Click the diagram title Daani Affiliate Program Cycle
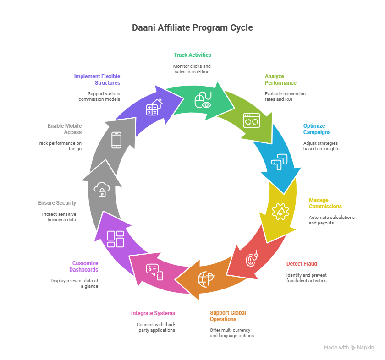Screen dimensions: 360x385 pos(192,28)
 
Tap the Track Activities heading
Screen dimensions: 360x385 pos(192,55)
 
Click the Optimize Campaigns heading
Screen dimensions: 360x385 pos(317,129)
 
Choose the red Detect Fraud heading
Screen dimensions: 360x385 pos(302,264)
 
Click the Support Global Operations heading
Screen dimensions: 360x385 pos(228,316)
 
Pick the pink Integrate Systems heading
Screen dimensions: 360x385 pos(153,313)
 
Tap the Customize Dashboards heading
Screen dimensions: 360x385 pos(85,266)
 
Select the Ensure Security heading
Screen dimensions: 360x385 pos(58,202)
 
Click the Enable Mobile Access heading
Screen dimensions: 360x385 pos(65,129)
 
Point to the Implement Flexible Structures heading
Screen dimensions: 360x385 pos(97,79)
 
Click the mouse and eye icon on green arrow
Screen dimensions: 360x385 pos(203,100)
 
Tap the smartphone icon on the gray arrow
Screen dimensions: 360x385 pos(116,140)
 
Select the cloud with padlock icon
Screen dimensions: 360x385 pos(101,189)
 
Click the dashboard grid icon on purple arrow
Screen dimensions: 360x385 pos(115,239)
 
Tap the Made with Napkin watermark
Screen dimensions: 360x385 pos(349,347)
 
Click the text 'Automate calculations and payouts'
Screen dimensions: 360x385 pos(331,220)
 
